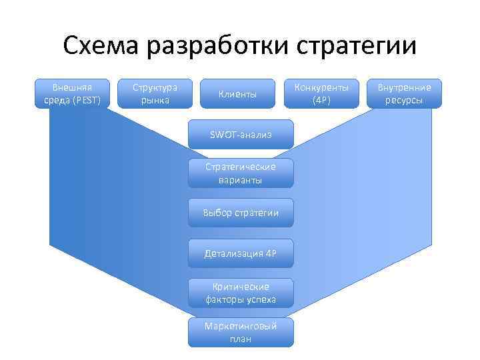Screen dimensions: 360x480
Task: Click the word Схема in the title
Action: coord(101,46)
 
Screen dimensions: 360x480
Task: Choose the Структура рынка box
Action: coord(155,94)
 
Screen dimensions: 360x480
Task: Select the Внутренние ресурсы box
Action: coord(405,94)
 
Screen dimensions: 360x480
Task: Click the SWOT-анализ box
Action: coord(240,133)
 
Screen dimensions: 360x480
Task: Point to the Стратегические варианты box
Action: coord(240,173)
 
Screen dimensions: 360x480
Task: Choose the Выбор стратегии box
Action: coord(240,213)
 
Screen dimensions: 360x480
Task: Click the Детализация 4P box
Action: coord(240,253)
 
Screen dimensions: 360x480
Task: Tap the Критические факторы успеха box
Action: coord(240,293)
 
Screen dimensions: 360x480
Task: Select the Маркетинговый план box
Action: coord(240,332)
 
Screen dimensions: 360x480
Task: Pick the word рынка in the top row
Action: coord(155,101)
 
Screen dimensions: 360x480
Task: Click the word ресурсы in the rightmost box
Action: coord(405,101)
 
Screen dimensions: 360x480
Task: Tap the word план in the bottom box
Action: coord(241,339)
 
